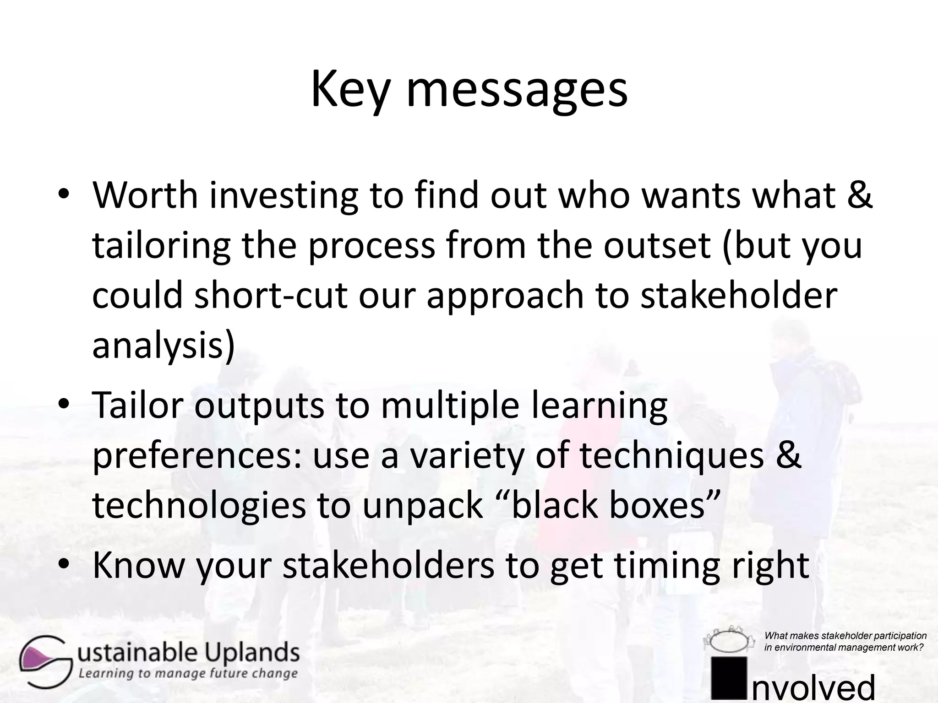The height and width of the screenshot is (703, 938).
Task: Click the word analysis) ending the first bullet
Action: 163,346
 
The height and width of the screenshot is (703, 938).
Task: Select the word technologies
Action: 199,505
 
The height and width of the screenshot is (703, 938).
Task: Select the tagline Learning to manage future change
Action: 188,673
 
